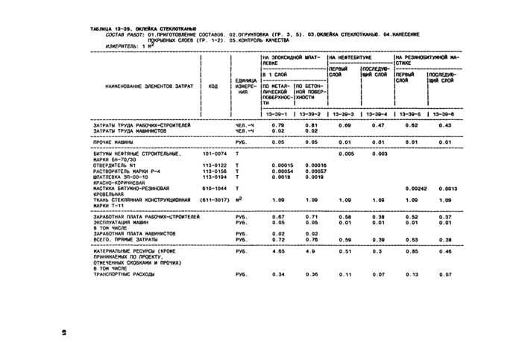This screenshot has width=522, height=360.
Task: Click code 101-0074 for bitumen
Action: click(213, 154)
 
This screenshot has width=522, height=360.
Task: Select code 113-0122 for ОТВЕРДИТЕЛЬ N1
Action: click(213, 165)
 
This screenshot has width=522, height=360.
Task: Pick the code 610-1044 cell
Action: click(213, 189)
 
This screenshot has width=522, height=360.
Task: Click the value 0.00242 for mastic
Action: click(414, 189)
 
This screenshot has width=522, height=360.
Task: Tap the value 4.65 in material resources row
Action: click(277, 252)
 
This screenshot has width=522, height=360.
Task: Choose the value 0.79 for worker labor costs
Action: click(277, 124)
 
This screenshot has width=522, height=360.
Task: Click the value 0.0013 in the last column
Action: click(447, 189)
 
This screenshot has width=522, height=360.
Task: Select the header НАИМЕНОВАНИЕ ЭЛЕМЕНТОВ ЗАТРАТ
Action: click(139, 86)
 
